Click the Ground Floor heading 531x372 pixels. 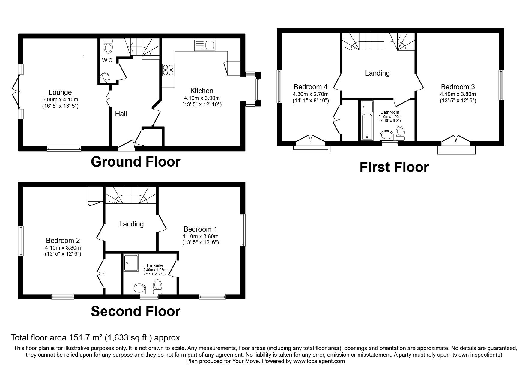136,162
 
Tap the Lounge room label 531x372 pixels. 60,92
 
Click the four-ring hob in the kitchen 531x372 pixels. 168,70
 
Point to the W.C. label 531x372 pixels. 108,61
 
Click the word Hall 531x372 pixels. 121,114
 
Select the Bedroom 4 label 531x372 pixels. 310,87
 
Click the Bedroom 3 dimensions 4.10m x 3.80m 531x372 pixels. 458,94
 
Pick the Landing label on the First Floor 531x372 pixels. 377,73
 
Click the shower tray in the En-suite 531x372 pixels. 131,263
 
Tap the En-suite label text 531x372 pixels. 154,265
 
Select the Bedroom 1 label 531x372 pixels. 200,229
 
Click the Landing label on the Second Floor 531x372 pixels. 131,224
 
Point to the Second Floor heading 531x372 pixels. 136,311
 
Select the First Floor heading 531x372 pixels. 394,167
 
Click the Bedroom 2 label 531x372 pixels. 63,241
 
